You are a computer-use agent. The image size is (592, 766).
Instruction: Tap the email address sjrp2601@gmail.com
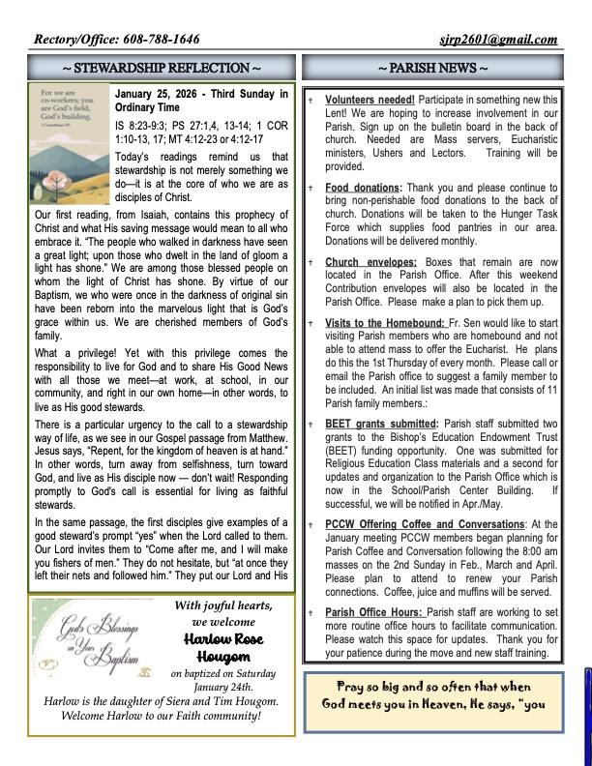point(498,40)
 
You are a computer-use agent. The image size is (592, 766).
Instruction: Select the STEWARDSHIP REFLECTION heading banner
point(162,68)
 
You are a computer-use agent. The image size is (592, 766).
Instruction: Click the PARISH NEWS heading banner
point(431,68)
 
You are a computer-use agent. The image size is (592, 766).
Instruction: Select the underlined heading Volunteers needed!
point(370,100)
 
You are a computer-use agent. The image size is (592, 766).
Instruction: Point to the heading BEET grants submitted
point(381,424)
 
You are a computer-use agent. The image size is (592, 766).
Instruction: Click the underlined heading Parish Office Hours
point(373,612)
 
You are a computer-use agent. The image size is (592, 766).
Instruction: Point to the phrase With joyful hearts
point(223,605)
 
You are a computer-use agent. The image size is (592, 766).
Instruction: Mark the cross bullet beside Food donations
point(311,188)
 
